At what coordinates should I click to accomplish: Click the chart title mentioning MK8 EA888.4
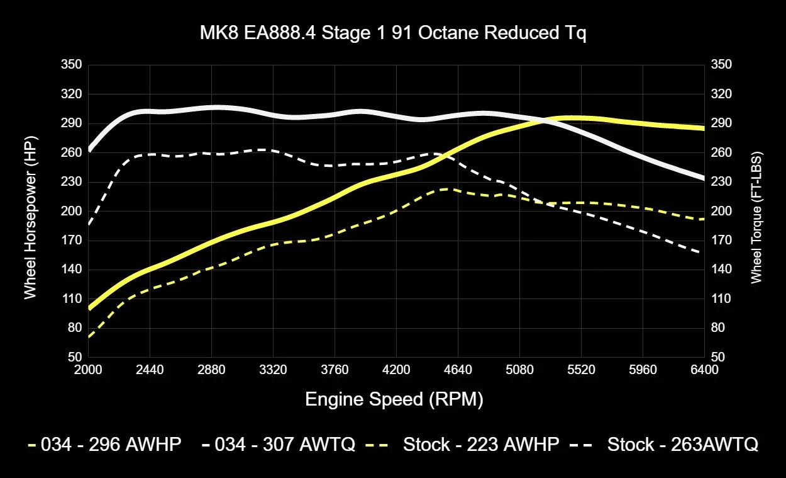(x=393, y=33)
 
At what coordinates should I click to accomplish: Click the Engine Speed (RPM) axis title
(x=394, y=399)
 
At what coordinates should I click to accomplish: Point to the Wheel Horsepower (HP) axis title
(x=30, y=210)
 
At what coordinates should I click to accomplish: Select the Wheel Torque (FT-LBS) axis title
(x=756, y=217)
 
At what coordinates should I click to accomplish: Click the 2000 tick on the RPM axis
(x=88, y=370)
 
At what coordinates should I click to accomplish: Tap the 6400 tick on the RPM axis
(x=704, y=370)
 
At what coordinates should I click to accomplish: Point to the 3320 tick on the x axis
(x=273, y=370)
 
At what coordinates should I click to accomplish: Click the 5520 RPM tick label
(x=581, y=370)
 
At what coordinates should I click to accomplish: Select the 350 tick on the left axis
(x=71, y=65)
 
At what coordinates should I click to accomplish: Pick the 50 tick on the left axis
(x=74, y=357)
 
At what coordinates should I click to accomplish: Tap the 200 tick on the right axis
(x=721, y=211)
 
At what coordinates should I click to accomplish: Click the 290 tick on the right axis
(x=721, y=123)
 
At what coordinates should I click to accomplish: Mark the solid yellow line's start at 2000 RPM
(x=89, y=308)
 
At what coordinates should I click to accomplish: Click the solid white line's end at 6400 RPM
(x=704, y=179)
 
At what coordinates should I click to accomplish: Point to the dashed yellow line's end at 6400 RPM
(x=704, y=219)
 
